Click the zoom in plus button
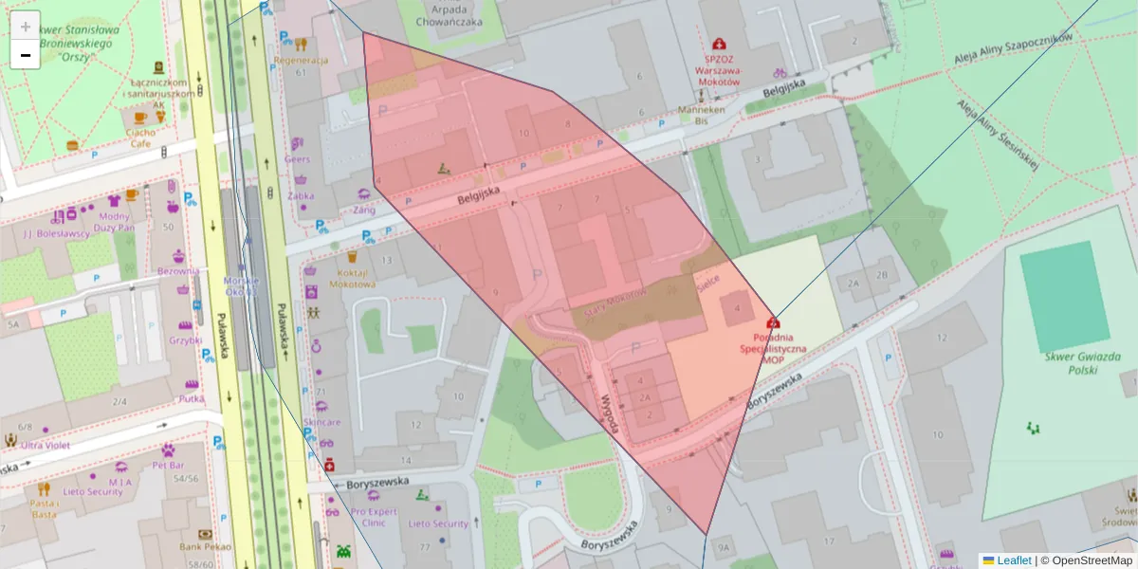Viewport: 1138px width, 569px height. tap(26, 27)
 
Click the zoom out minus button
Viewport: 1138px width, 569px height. tap(26, 55)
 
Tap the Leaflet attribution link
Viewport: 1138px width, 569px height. tap(1013, 560)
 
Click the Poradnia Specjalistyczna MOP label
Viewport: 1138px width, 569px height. tap(774, 348)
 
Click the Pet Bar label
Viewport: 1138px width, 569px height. tap(168, 466)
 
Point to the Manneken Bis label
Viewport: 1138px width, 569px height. tap(702, 115)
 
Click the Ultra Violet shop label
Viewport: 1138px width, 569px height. tap(46, 445)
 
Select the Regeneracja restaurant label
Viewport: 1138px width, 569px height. tap(300, 60)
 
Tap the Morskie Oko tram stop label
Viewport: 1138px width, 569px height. tap(241, 285)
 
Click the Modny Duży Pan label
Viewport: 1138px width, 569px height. tap(115, 222)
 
